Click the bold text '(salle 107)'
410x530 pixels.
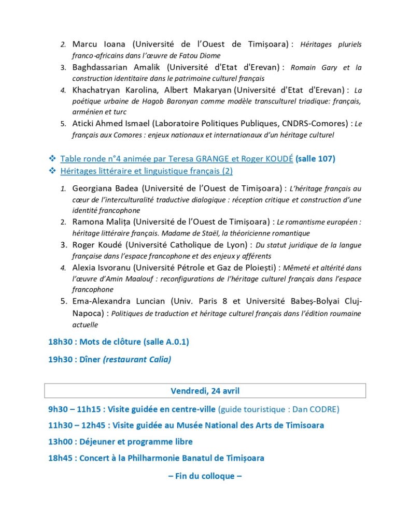coord(316,158)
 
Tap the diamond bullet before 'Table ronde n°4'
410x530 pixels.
coord(52,158)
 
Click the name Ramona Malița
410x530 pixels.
coord(101,222)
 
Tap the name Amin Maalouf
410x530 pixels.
coord(128,279)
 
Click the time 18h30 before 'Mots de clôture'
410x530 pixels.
coord(62,342)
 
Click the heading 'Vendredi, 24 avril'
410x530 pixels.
coord(205,391)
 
